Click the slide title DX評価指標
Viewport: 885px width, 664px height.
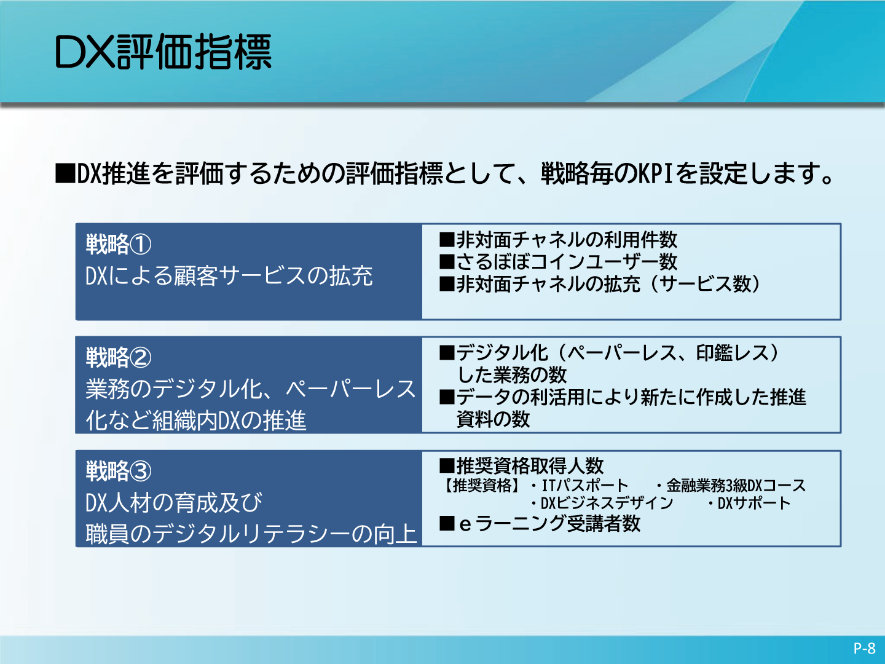[x=163, y=52]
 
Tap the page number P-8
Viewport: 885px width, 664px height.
[x=865, y=648]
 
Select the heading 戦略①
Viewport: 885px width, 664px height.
[x=119, y=244]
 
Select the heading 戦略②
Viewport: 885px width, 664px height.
[x=119, y=357]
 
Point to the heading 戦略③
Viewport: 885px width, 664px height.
[x=119, y=471]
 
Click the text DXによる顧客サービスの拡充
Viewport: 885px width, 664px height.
[x=229, y=276]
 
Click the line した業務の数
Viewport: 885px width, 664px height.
[x=512, y=375]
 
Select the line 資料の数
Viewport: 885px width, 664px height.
[x=493, y=419]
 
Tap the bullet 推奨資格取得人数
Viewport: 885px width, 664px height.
[x=521, y=466]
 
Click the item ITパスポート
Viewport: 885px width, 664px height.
[x=584, y=486]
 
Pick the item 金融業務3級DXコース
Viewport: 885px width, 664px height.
[x=736, y=486]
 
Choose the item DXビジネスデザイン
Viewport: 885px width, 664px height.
[x=607, y=503]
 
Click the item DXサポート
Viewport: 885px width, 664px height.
[x=754, y=503]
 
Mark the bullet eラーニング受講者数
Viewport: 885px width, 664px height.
[x=540, y=524]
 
